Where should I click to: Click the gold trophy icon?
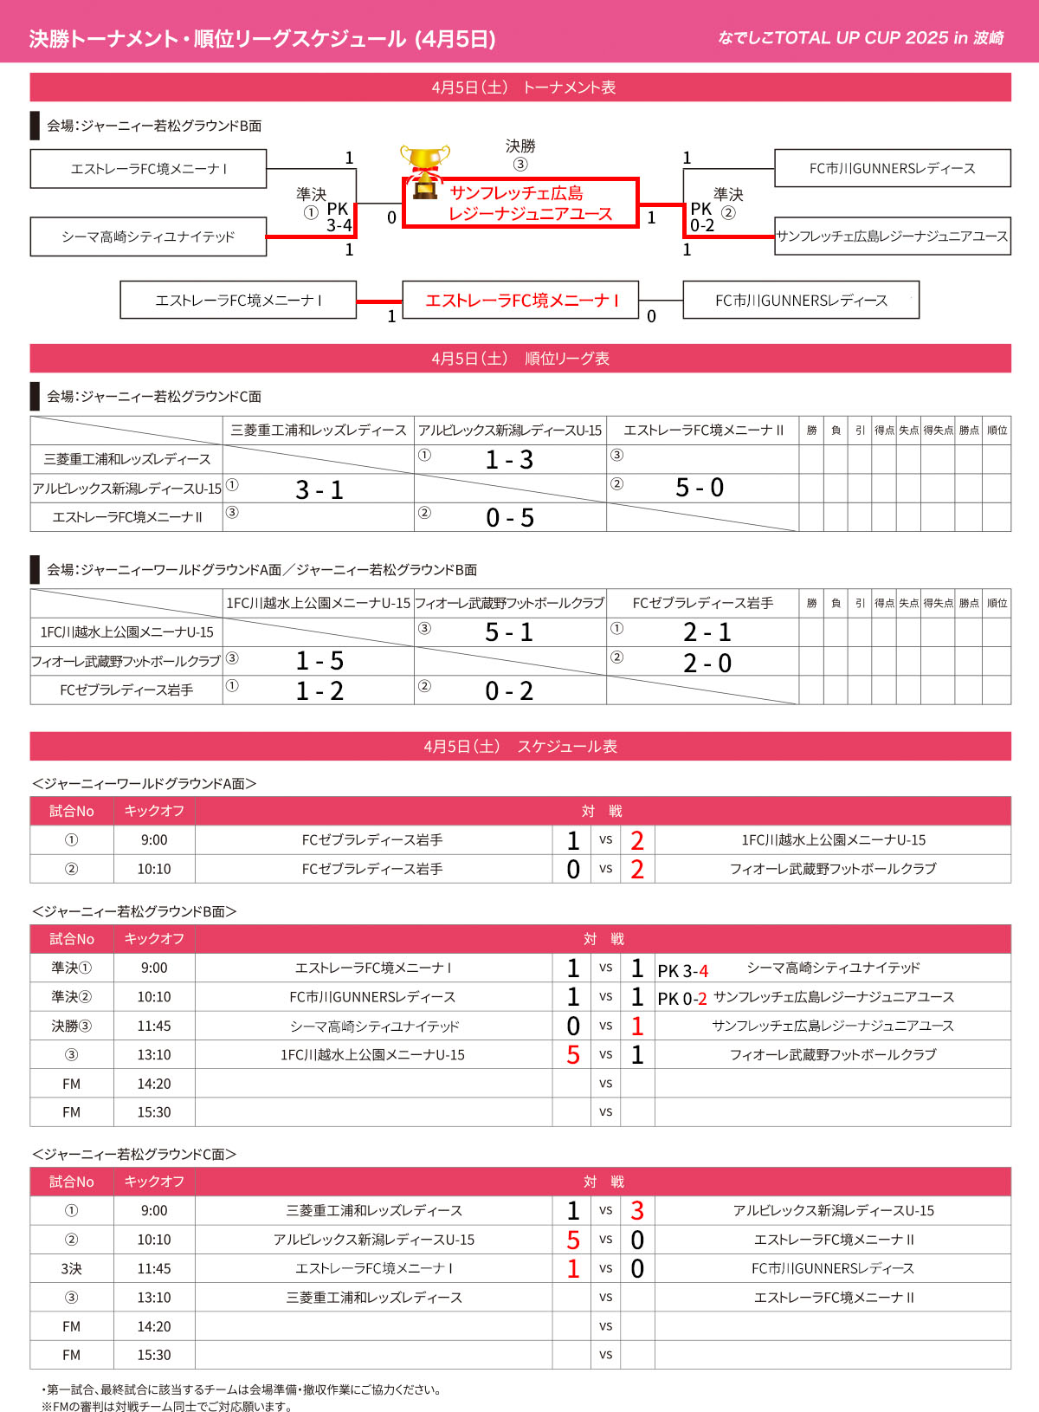pos(424,168)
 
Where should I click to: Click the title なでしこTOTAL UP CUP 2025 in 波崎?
pos(861,38)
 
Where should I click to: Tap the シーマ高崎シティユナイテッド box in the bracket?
pos(148,236)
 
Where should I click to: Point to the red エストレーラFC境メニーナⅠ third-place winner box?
pos(520,301)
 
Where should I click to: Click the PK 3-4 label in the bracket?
pos(339,217)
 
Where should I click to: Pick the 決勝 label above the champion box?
pos(520,146)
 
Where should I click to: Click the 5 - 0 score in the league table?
pos(700,488)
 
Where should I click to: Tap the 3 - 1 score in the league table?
pos(319,489)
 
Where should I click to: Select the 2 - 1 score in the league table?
pos(707,632)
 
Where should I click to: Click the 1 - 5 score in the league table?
pos(319,661)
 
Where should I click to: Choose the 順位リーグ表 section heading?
pos(520,359)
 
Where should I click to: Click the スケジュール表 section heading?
pos(520,747)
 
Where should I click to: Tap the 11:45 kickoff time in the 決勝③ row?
pos(154,1026)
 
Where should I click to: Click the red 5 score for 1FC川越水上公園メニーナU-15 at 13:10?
pos(573,1055)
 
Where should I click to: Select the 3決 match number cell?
pos(71,1268)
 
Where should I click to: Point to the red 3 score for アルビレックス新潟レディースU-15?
pos(637,1211)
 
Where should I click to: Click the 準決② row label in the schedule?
pos(71,997)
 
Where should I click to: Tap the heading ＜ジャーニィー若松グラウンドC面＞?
pos(134,1154)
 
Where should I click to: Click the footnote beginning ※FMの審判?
pos(166,1406)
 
